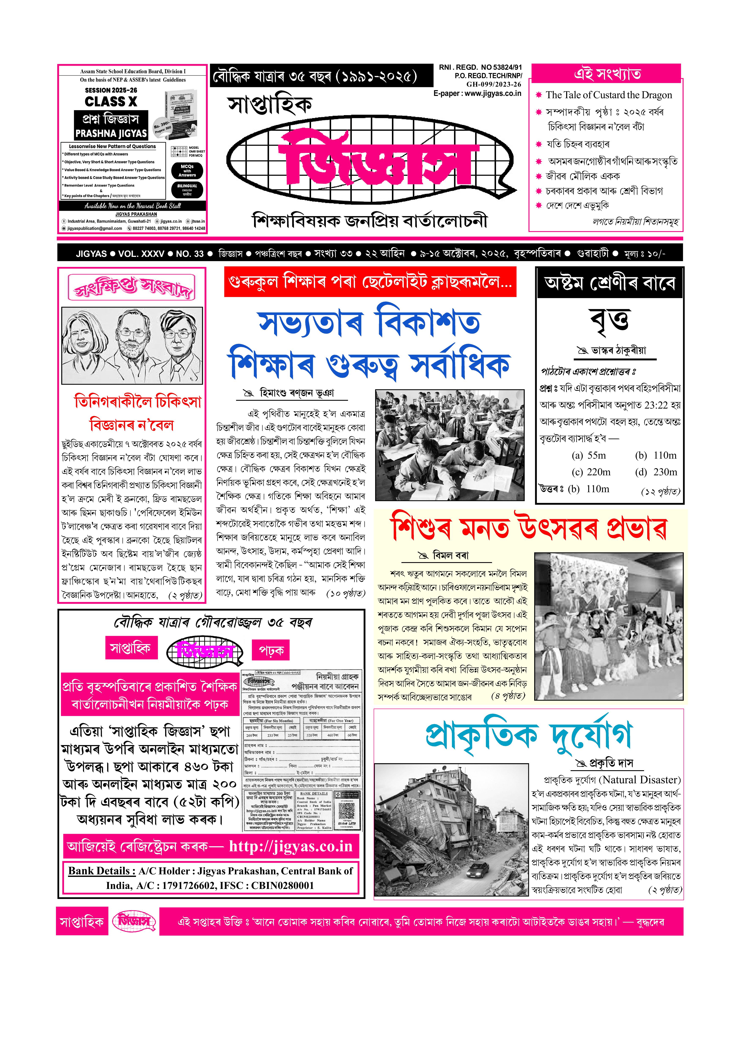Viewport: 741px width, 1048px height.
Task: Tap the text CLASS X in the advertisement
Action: click(111, 101)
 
